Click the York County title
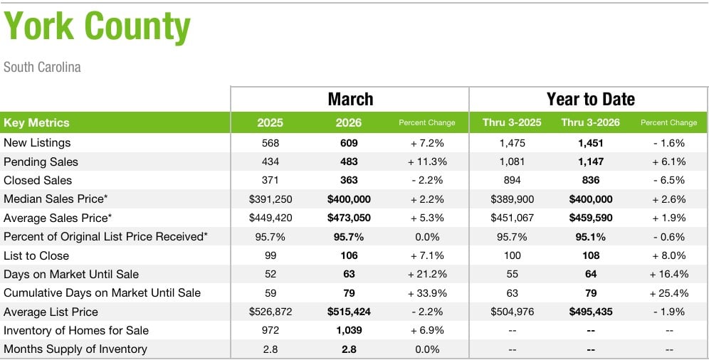click(x=98, y=27)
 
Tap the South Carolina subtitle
click(x=42, y=68)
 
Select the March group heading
click(x=350, y=99)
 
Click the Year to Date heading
click(x=590, y=99)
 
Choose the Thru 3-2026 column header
click(x=590, y=122)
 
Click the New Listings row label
click(x=37, y=143)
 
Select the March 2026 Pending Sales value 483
click(x=349, y=162)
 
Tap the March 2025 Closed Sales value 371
click(x=270, y=180)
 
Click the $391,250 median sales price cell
click(x=270, y=199)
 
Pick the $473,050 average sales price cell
click(x=349, y=218)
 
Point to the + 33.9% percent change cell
click(x=426, y=292)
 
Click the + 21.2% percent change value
click(x=426, y=274)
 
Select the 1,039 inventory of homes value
click(x=349, y=330)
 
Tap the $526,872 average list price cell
click(x=270, y=312)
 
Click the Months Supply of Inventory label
click(x=75, y=349)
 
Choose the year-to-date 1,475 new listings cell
click(x=512, y=143)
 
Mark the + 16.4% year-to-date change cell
click(x=668, y=274)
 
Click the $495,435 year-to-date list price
click(x=590, y=312)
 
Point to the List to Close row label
click(x=36, y=255)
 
